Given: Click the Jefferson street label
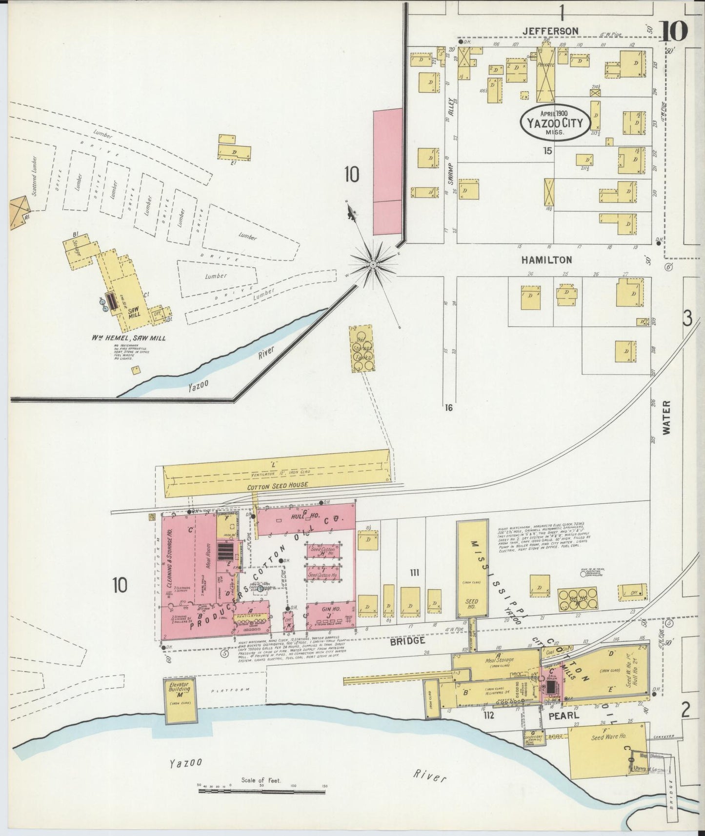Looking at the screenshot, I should pos(550,31).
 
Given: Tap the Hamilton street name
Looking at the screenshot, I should pos(546,260).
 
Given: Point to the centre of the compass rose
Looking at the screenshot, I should pos(373,264).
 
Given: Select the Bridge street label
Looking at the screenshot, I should pos(408,640).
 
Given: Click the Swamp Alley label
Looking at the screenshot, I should pos(451,146).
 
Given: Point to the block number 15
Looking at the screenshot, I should pos(548,151).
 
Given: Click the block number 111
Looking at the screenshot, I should pos(414,572).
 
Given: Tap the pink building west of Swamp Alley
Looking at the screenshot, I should pos(388,172).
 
